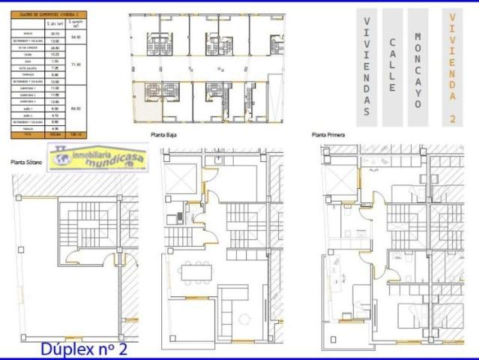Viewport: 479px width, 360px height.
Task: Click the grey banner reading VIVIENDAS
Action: point(366,66)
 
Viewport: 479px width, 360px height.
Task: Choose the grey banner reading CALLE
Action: point(392,66)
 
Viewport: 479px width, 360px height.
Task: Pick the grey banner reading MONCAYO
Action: point(418,66)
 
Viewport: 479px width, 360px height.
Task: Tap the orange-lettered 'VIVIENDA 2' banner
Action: point(452,66)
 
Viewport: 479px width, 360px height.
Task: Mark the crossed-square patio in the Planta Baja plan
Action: point(181,178)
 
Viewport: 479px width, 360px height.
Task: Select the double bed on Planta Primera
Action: point(409,315)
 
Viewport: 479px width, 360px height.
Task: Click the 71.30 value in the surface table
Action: point(75,65)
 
